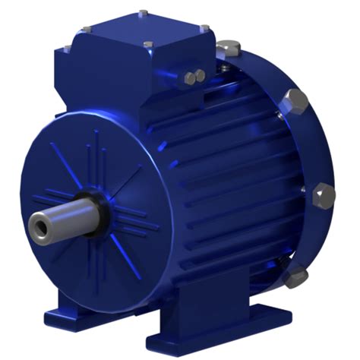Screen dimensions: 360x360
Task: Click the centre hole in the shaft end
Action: [37, 224]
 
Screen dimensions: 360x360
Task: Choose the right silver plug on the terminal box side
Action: [200, 74]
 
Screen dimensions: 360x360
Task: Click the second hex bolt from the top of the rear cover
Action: [291, 99]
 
